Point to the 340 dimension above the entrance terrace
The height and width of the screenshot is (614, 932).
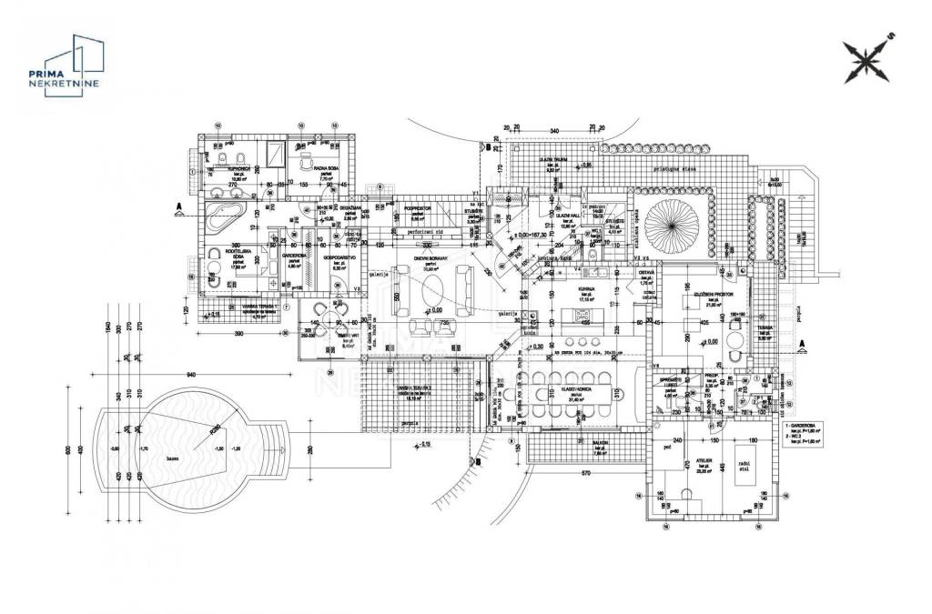pyautogui.click(x=553, y=132)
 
